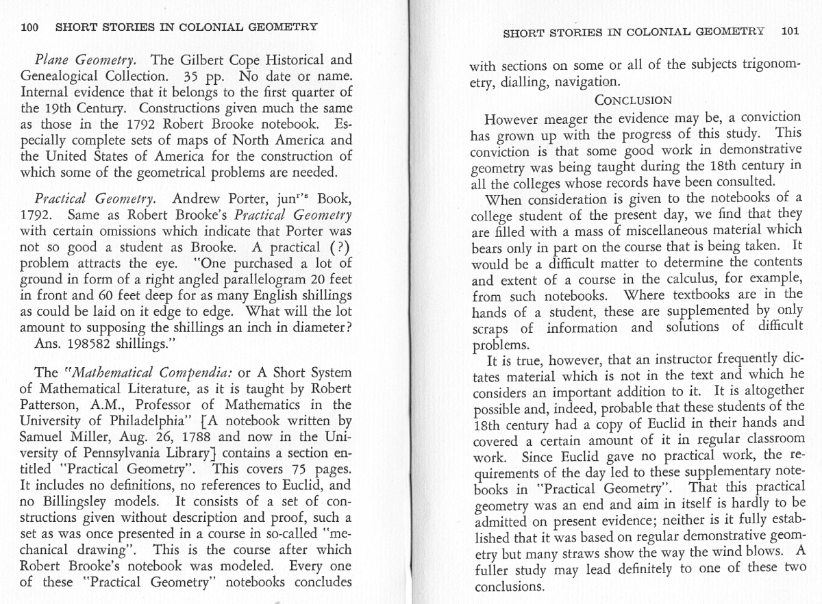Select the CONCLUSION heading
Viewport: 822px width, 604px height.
pyautogui.click(x=633, y=100)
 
